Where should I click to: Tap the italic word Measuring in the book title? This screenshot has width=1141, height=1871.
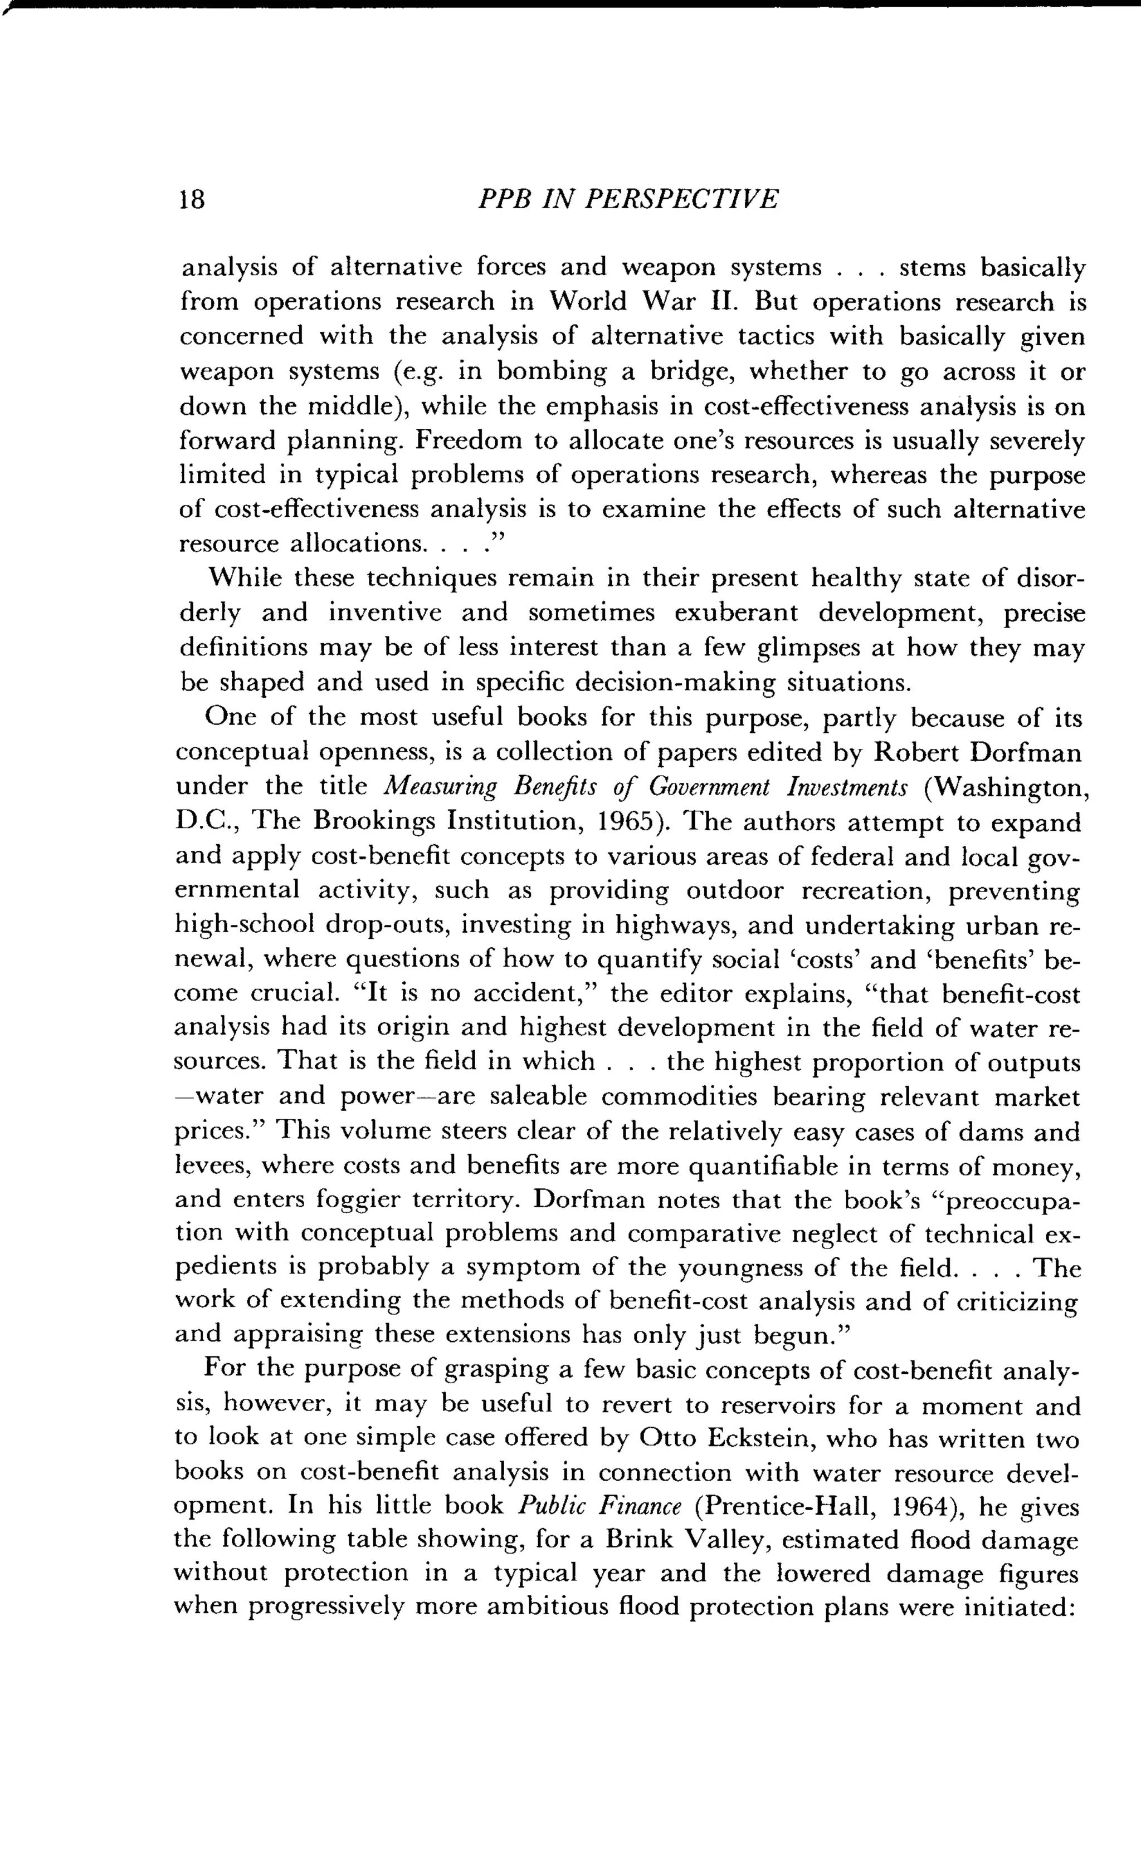point(439,787)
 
